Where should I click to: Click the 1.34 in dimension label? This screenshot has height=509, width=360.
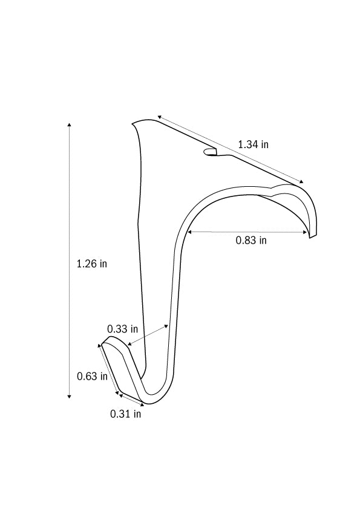pyautogui.click(x=253, y=144)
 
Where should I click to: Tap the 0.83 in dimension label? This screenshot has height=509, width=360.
pyautogui.click(x=251, y=240)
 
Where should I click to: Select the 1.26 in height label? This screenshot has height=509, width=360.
pyautogui.click(x=92, y=264)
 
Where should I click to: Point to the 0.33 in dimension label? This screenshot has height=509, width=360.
pyautogui.click(x=122, y=329)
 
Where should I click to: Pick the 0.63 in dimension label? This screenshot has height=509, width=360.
pyautogui.click(x=92, y=376)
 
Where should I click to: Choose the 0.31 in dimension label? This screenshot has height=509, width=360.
pyautogui.click(x=125, y=414)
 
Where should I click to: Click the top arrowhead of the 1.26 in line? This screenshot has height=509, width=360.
pyautogui.click(x=69, y=125)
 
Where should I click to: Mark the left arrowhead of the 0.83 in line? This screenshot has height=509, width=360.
pyautogui.click(x=189, y=231)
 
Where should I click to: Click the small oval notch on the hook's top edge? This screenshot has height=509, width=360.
pyautogui.click(x=210, y=152)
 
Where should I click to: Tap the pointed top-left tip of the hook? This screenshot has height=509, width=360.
pyautogui.click(x=133, y=125)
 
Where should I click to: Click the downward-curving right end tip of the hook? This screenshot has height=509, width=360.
pyautogui.click(x=312, y=235)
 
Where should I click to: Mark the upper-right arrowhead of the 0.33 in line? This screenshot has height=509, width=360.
pyautogui.click(x=168, y=325)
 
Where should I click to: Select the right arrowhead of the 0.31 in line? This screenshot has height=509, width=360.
pyautogui.click(x=143, y=403)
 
